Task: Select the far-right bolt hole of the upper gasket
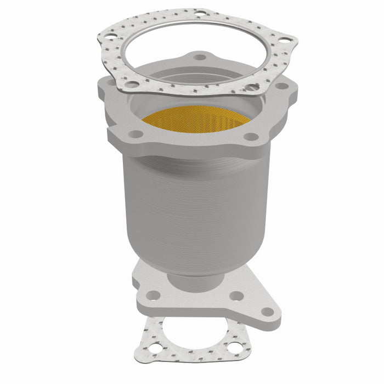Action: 285,39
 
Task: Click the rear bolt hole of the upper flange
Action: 201,57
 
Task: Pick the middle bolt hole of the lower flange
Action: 236,296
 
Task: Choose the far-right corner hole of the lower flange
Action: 268,312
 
